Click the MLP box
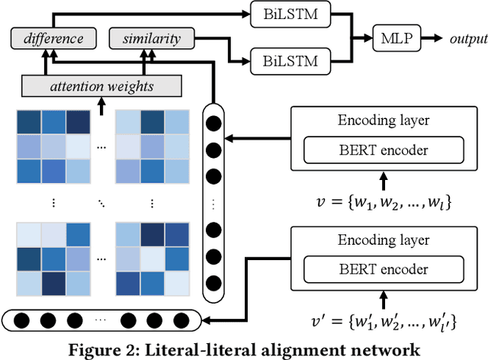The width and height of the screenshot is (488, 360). pyautogui.click(x=396, y=37)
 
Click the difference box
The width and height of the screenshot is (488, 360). pyautogui.click(x=54, y=37)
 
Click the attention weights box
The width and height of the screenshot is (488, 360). pyautogui.click(x=101, y=87)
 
